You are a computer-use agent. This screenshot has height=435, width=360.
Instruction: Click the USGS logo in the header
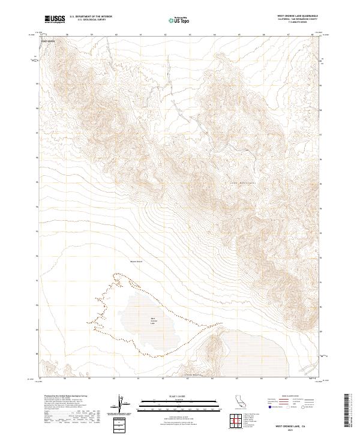click(55, 19)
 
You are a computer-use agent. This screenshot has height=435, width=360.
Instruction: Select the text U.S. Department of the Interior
click(91, 17)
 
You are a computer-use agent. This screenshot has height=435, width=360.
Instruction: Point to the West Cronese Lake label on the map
click(152, 321)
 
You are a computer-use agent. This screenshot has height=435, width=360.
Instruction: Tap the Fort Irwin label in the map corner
click(47, 41)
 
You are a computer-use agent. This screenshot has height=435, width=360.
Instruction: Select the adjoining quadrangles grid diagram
click(235, 418)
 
